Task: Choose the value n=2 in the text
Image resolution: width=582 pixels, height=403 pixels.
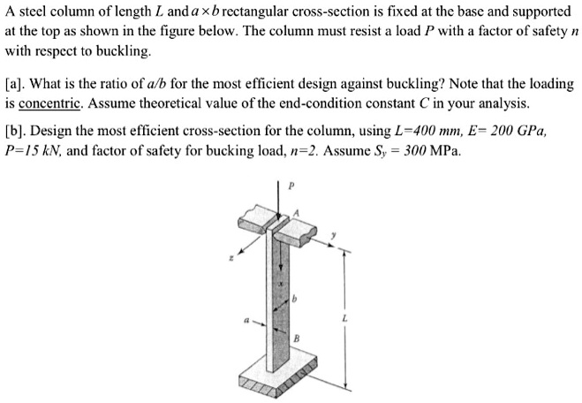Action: tap(311, 149)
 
